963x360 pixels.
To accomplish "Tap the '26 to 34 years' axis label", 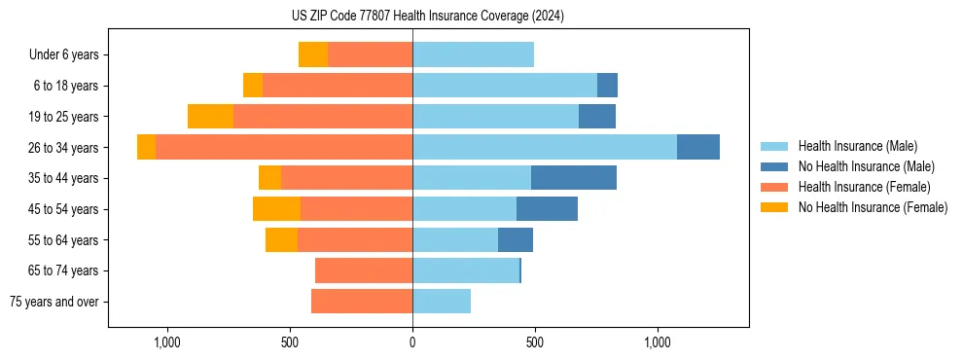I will (x=63, y=148).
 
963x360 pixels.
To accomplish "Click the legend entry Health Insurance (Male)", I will (x=857, y=146).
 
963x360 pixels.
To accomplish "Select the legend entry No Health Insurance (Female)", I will (x=873, y=207).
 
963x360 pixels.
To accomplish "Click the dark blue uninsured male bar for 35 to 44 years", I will (x=574, y=178).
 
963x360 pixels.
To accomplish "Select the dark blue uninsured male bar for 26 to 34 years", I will (x=698, y=147).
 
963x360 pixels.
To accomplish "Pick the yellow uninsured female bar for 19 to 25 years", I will (x=210, y=117).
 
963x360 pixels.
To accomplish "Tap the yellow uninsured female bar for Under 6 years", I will (x=313, y=54).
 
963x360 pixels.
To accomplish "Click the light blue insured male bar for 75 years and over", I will (x=442, y=302).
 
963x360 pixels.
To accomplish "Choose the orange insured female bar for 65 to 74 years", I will (x=364, y=270).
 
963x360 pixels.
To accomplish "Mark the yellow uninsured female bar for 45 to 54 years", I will (x=276, y=209).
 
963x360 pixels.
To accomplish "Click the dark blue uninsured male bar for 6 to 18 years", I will (x=607, y=86).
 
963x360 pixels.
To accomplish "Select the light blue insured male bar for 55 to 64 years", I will (x=455, y=240).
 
